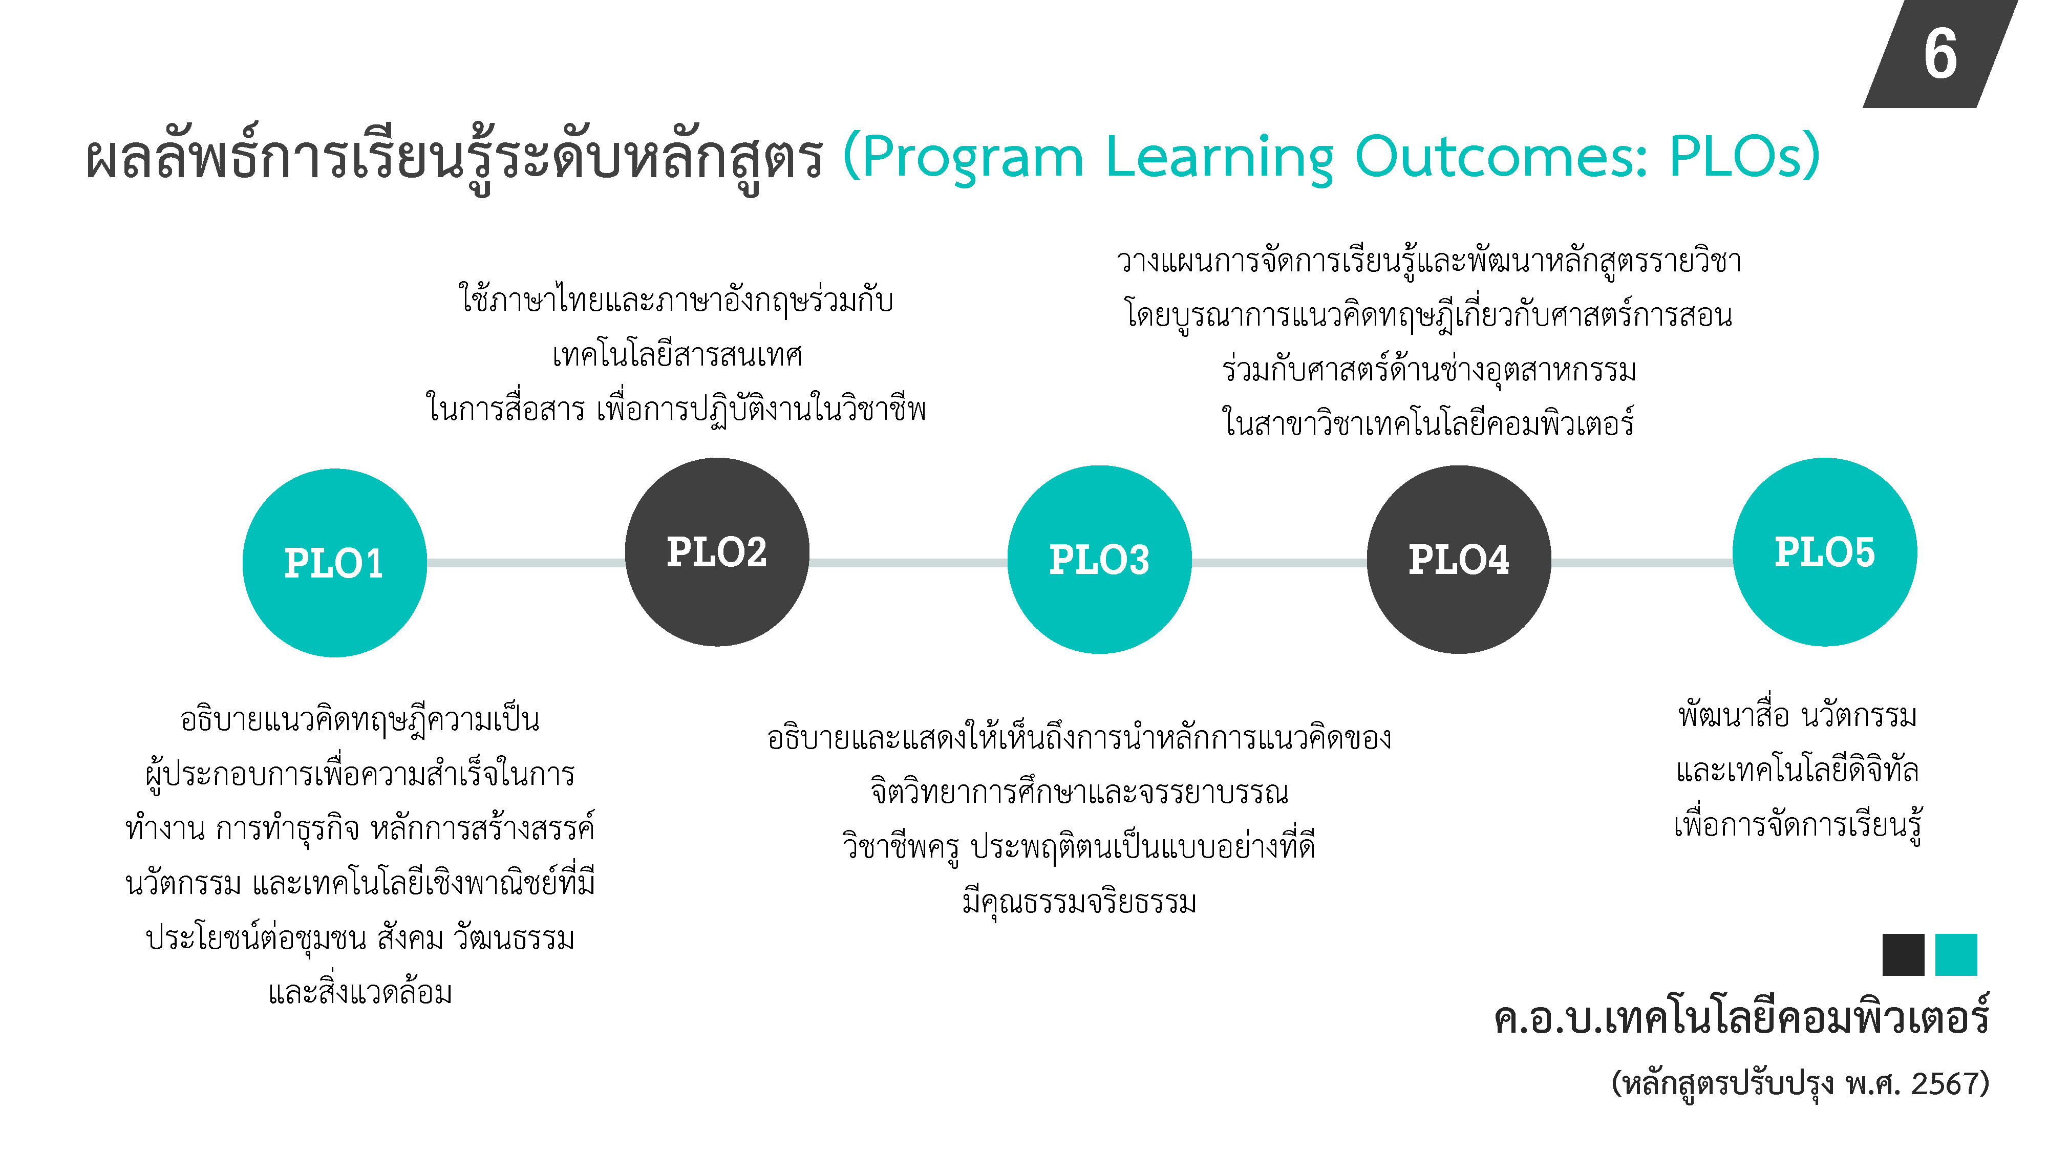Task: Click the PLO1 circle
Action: tap(335, 563)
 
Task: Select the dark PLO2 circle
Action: tap(717, 552)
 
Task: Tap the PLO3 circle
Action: tap(1100, 559)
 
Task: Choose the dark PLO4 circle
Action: tap(1459, 559)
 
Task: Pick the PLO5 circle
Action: tap(1825, 552)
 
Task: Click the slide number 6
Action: tap(1940, 54)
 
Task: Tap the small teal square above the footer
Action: tap(1956, 954)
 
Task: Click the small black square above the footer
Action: tap(1903, 954)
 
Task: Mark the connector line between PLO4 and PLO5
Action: tap(1642, 563)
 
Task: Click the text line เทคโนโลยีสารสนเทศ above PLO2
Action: tap(677, 355)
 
